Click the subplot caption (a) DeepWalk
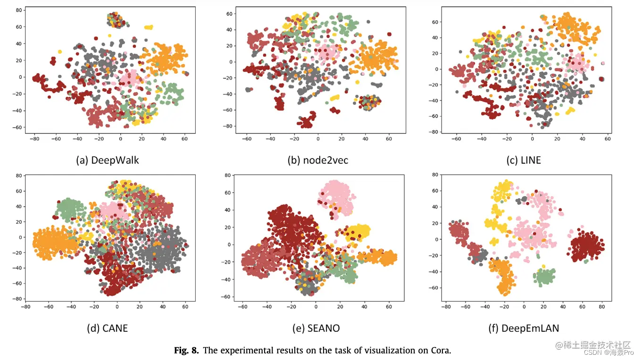[x=108, y=160]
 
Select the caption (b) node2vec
[x=317, y=160]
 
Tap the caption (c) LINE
[x=524, y=160]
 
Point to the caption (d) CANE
[x=108, y=328]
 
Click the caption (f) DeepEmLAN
[x=523, y=328]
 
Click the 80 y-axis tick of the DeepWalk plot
[x=19, y=10]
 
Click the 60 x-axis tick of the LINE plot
[x=608, y=139]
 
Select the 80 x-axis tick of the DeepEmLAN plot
[x=602, y=306]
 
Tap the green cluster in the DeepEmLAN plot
[x=545, y=276]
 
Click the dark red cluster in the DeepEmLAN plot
[x=587, y=246]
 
